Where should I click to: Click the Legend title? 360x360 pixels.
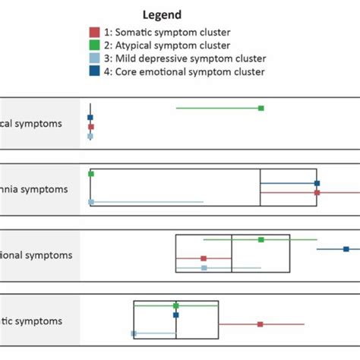coord(162,14)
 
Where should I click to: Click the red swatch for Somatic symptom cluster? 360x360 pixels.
coord(94,32)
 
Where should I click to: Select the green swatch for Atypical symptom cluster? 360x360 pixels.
coord(94,45)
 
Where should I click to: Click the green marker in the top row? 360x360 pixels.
coord(261,108)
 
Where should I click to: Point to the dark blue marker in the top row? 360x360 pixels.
coord(90,118)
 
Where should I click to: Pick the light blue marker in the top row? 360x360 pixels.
coord(90,137)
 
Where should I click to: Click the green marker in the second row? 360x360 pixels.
coord(91,174)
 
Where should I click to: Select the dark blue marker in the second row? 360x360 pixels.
coord(317,183)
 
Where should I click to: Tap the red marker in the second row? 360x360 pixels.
coord(317,193)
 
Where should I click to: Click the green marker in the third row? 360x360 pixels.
coord(261,239)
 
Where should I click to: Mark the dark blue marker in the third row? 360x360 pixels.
coord(346,249)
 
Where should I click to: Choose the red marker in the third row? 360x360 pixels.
coord(204,258)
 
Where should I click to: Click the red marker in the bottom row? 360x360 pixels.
coord(260,324)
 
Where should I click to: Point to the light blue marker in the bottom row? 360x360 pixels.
coord(134,333)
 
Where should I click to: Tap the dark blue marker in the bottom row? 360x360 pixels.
coord(175,314)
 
